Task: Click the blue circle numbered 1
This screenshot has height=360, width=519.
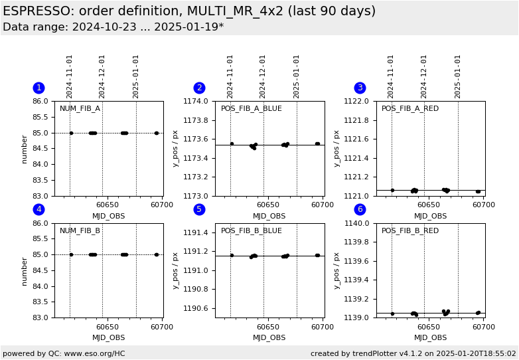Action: coord(38,88)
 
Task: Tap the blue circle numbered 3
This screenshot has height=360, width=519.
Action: coord(360,88)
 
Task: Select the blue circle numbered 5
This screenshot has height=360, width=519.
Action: coord(199,209)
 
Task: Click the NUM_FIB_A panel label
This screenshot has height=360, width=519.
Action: coord(80,109)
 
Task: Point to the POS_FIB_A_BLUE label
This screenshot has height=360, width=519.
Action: coord(251,109)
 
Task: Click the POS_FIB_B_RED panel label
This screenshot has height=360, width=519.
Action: coord(409,231)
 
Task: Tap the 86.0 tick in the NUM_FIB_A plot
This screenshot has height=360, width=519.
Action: coord(41,102)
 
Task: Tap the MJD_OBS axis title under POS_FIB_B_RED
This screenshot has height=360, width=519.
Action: coord(430,338)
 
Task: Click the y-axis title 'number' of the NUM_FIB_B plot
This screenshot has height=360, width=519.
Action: coord(25,270)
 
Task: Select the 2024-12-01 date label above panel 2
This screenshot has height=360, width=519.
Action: coord(263,76)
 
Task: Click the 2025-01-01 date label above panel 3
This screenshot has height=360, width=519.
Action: coord(457,76)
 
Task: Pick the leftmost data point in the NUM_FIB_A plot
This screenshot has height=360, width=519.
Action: coord(71,133)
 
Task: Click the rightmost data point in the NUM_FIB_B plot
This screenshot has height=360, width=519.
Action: coord(157,254)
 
